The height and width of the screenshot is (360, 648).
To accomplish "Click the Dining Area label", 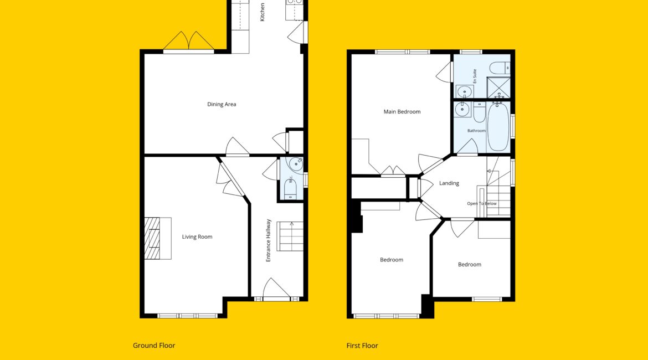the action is click(x=222, y=104).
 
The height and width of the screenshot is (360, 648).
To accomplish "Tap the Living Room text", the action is click(x=197, y=237).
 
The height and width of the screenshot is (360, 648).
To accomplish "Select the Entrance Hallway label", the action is click(x=268, y=240).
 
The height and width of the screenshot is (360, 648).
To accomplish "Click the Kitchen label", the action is click(x=262, y=12).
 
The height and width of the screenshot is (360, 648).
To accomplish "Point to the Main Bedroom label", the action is click(x=402, y=111).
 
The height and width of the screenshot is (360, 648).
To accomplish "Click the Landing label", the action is click(x=449, y=183).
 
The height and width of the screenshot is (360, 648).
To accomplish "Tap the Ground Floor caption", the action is click(x=154, y=346).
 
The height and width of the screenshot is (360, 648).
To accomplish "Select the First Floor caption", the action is click(x=362, y=346).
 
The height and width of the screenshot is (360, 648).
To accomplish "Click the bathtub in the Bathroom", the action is click(x=498, y=126).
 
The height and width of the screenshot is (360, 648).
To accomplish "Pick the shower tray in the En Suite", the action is click(x=498, y=87).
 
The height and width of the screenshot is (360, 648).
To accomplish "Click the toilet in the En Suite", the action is click(x=500, y=68).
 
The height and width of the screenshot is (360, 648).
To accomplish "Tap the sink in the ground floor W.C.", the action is click(x=296, y=164).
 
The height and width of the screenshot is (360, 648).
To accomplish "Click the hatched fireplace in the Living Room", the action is click(x=152, y=238).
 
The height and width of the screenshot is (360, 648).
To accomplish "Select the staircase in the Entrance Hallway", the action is click(x=290, y=236).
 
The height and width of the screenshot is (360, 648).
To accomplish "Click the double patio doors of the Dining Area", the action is click(x=189, y=42).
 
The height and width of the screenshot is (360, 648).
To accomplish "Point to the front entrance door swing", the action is click(x=276, y=287).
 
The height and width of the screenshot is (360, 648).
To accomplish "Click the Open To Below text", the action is click(x=482, y=203).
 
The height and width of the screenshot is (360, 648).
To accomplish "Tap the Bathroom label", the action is click(x=476, y=131).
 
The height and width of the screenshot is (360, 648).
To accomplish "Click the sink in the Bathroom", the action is click(x=462, y=110).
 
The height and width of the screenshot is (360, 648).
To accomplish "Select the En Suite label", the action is click(x=475, y=76).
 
